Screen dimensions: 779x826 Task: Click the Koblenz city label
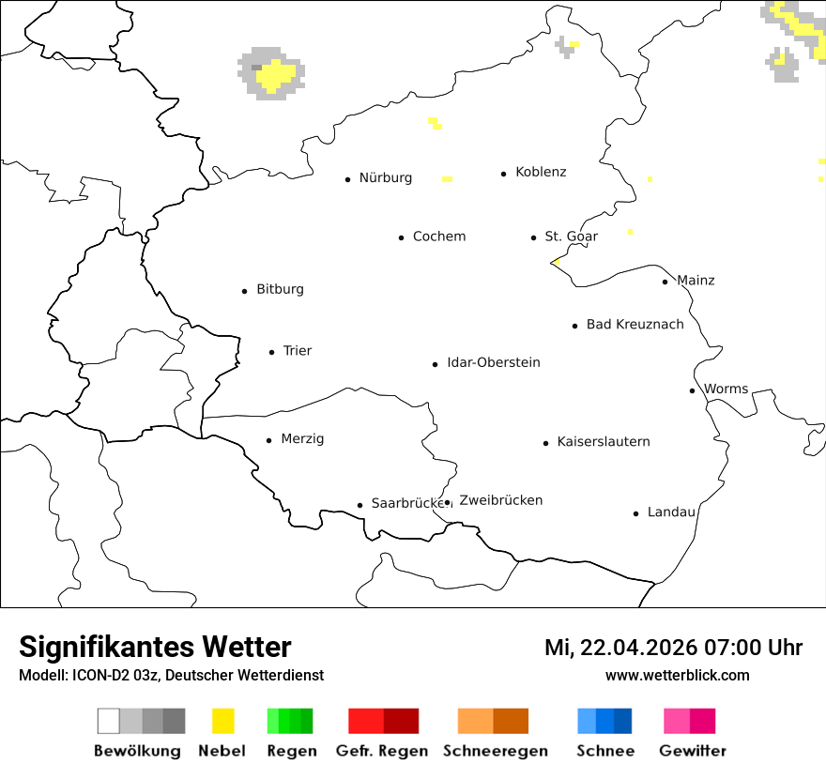point(541,172)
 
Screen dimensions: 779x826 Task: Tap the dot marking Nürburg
point(347,178)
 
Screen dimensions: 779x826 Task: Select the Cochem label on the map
point(439,237)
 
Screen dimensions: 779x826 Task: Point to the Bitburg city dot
point(245,291)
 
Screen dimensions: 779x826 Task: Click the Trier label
point(298,351)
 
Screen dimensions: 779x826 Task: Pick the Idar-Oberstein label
point(494,363)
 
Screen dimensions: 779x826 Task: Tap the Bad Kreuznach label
point(635,325)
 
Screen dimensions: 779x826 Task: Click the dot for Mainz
point(665,282)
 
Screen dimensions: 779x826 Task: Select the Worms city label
point(727,389)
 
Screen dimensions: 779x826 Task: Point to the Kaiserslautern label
point(604,442)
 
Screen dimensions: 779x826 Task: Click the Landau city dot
point(635,513)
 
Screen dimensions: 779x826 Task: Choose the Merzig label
point(302,439)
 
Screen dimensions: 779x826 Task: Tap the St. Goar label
point(572,237)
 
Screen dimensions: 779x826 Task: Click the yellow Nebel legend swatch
point(222,721)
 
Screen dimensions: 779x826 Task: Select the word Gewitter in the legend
point(693,751)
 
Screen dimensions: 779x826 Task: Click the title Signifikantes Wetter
point(155,647)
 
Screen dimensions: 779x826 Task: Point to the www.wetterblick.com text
point(678,675)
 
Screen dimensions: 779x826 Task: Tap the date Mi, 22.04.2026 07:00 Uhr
point(673,648)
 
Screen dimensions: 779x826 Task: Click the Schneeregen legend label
point(496,751)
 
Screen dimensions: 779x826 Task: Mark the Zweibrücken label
point(501,501)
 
